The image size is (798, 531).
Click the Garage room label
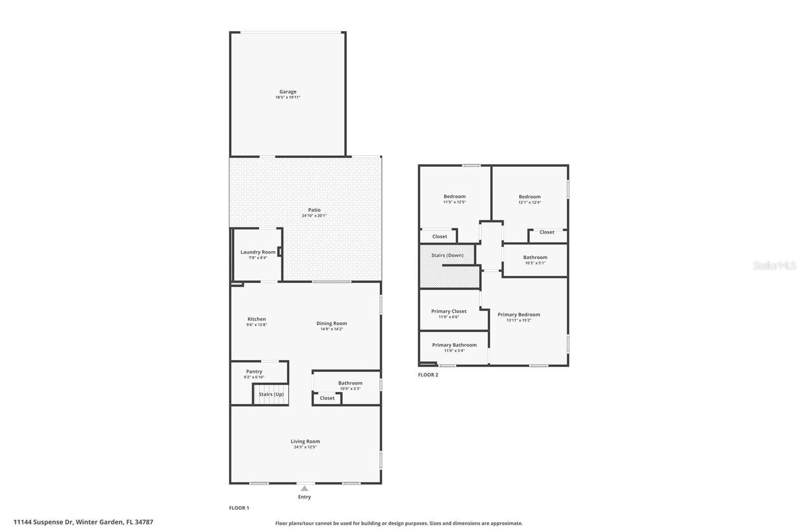pyautogui.click(x=288, y=92)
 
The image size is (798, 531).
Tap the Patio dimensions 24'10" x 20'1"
pyautogui.click(x=314, y=216)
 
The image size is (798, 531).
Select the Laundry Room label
pyautogui.click(x=258, y=252)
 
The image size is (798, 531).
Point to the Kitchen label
pyautogui.click(x=257, y=319)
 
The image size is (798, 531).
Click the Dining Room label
pyautogui.click(x=332, y=323)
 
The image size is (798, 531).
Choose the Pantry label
pyautogui.click(x=254, y=372)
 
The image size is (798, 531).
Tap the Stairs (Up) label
pyautogui.click(x=271, y=394)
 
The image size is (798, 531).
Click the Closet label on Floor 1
pyautogui.click(x=327, y=398)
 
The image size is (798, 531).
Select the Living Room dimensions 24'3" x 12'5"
pyautogui.click(x=305, y=447)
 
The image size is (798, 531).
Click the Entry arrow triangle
pyautogui.click(x=304, y=489)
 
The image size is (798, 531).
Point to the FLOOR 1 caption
pyautogui.click(x=239, y=508)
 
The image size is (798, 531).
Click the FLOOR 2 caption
pyautogui.click(x=428, y=375)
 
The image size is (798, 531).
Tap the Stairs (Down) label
pyautogui.click(x=447, y=255)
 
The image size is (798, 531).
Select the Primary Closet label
pyautogui.click(x=449, y=311)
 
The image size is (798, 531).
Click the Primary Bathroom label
pyautogui.click(x=454, y=345)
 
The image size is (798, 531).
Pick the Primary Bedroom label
pyautogui.click(x=519, y=314)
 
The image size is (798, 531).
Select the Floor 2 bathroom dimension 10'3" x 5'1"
pyautogui.click(x=535, y=263)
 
